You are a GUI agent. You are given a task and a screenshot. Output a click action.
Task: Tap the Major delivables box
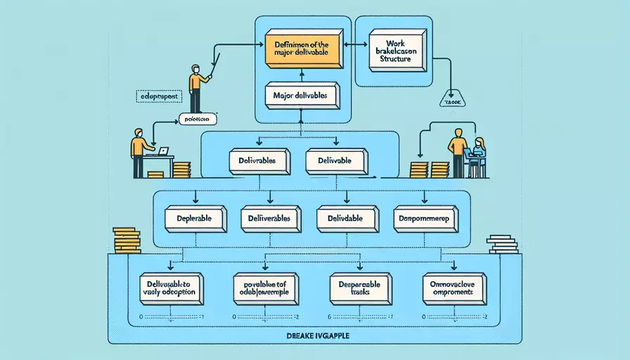click(x=302, y=96)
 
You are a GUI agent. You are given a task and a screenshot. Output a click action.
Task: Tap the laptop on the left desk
click(x=163, y=151)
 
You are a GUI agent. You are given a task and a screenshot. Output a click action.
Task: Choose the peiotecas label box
click(x=198, y=120)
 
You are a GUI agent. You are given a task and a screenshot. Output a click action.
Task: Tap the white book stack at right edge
click(x=502, y=244)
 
